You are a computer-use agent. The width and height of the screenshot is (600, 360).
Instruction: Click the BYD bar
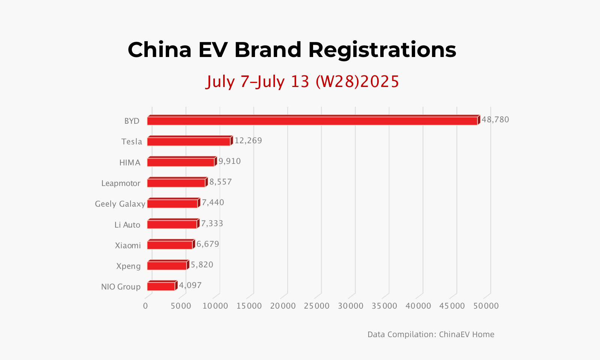point(313,120)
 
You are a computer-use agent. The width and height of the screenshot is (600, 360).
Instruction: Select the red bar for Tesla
point(190,141)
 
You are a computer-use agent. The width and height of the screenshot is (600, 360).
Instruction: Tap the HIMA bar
point(182,161)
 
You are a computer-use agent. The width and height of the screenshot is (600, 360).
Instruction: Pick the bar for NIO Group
point(162,285)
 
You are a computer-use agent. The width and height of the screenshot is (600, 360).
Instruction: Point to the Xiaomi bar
point(171,244)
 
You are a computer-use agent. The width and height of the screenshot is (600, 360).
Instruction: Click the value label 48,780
point(495,120)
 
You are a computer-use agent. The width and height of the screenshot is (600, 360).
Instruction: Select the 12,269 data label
point(248,140)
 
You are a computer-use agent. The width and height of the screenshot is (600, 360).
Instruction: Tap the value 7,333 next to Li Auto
point(212,223)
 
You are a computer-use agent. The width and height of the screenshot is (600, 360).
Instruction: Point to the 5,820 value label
point(202,265)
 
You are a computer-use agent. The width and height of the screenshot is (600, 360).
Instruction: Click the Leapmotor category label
point(121,183)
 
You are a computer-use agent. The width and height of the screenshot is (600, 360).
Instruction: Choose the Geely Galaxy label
point(120,204)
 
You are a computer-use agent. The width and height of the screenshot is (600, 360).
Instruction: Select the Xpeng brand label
point(128,266)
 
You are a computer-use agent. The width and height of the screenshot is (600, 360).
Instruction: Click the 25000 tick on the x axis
point(316,306)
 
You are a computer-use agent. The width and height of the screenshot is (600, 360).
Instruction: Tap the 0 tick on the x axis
point(145,306)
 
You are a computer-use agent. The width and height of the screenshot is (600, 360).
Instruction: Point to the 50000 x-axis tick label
point(486,306)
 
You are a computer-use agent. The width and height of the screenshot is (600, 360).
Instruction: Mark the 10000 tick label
point(215,306)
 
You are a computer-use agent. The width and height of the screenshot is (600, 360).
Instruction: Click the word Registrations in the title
point(382,51)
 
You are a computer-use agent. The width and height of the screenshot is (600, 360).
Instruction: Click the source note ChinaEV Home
point(466,334)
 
